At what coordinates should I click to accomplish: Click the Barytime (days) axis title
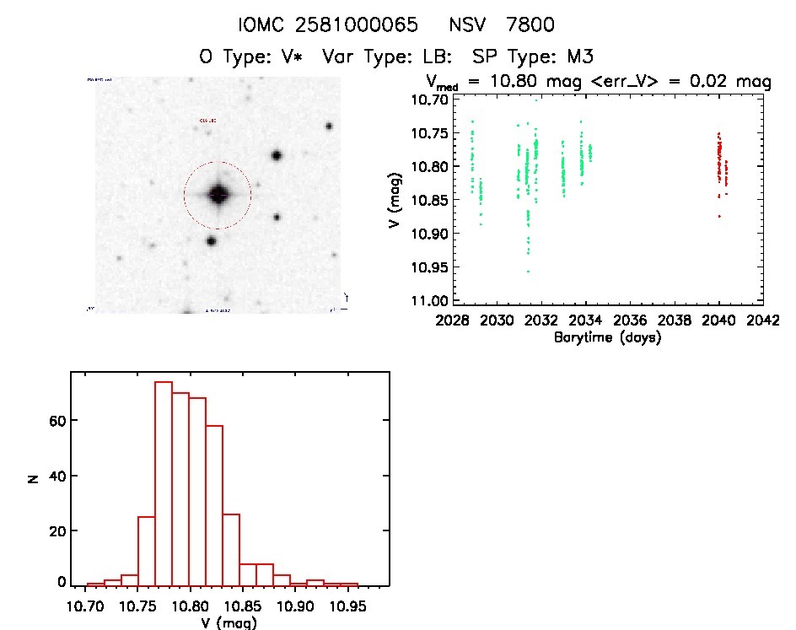607,337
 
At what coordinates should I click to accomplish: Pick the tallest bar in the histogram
164,483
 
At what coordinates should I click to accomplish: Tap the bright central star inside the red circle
218,195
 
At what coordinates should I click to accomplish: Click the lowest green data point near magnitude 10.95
528,271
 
